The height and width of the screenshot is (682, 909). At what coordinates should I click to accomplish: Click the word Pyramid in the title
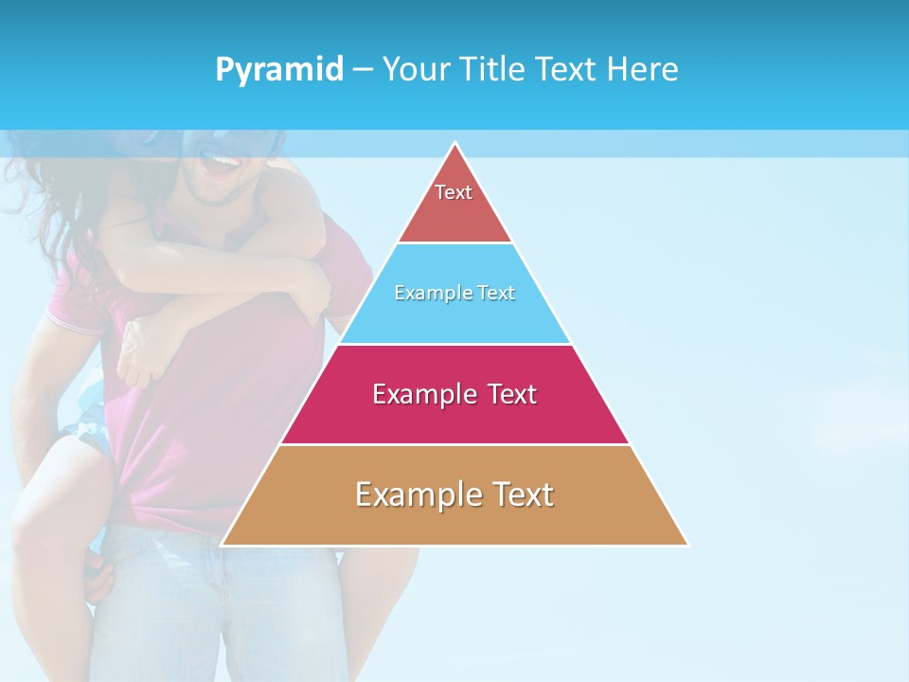click(279, 70)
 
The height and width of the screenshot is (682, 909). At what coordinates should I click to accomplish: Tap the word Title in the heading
click(490, 69)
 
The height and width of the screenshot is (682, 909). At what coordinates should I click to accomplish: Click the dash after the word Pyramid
click(362, 70)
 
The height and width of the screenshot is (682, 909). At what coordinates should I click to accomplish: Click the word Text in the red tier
click(454, 192)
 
